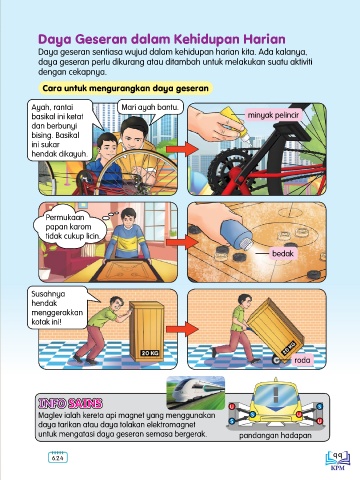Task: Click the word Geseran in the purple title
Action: click(101, 40)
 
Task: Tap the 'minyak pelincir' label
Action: click(273, 115)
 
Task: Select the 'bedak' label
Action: click(283, 254)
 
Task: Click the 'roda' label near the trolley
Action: click(302, 360)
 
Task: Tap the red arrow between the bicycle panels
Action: click(182, 149)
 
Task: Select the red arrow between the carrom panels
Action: click(182, 242)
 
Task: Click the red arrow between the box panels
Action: click(182, 329)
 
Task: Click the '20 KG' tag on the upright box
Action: click(149, 353)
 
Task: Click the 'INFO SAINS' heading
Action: click(70, 404)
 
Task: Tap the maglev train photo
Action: click(196, 393)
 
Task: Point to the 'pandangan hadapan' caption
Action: click(275, 435)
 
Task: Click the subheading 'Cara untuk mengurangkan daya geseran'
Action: click(125, 89)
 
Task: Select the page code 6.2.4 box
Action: click(58, 458)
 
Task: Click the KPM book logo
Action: click(338, 459)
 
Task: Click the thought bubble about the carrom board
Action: click(71, 229)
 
